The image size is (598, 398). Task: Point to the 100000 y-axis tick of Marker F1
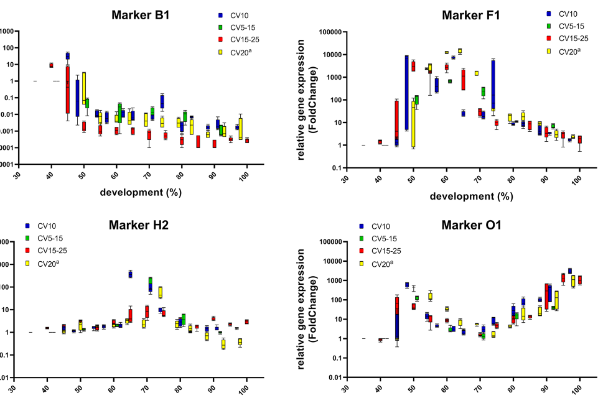tap(327, 32)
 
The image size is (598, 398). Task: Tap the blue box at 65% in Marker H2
tap(131, 274)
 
